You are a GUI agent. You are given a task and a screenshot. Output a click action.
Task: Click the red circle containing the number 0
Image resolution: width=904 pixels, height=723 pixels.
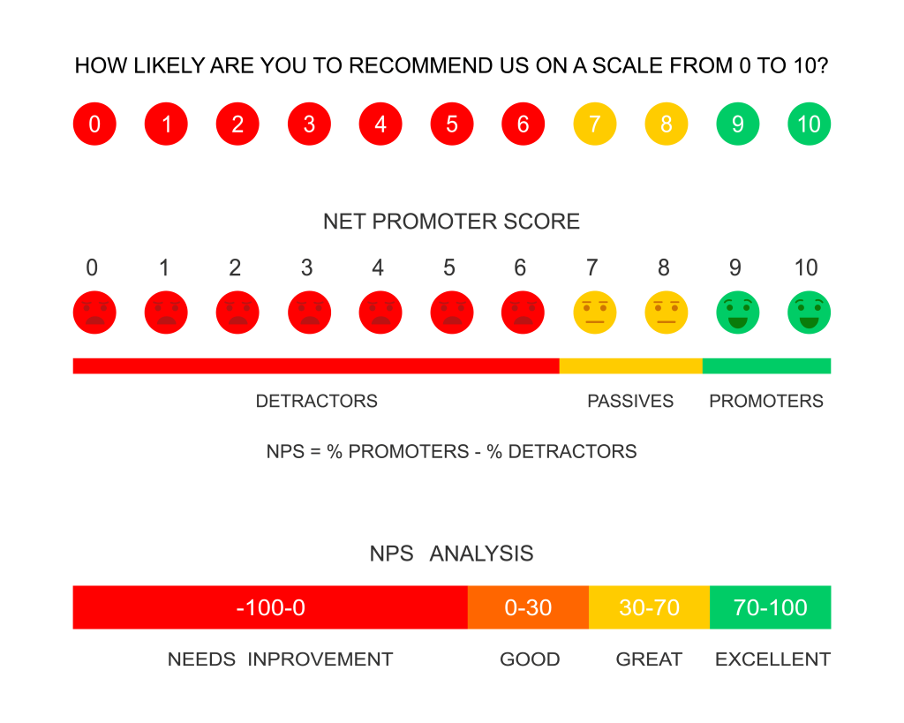pos(94,124)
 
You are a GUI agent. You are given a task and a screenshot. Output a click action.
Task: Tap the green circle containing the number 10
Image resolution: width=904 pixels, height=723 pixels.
pos(809,124)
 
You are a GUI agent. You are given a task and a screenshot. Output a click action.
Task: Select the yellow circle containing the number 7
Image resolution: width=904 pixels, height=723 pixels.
pos(595,124)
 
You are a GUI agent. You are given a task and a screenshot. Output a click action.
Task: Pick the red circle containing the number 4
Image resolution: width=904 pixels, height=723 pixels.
pos(380,124)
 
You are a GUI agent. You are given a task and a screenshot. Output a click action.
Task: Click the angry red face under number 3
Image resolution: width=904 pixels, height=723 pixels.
pos(309,313)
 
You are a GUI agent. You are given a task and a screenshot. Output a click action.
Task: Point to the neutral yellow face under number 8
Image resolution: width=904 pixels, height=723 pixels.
pos(667,313)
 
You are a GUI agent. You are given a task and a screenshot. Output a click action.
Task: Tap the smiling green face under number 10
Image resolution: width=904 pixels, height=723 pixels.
pos(809,313)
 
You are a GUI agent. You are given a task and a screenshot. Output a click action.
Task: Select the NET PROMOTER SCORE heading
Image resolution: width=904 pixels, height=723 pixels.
pos(451,222)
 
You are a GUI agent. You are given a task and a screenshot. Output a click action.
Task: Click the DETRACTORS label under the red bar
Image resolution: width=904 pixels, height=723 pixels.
pos(316,402)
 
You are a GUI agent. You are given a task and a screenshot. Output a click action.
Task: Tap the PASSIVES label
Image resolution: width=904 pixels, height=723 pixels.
pos(629,402)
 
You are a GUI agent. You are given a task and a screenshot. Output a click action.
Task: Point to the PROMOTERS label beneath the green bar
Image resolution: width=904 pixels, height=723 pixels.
pos(765,402)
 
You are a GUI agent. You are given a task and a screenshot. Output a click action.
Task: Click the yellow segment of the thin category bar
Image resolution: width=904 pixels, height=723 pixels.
pos(630,365)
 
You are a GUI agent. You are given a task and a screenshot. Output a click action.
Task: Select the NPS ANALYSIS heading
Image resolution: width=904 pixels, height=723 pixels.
pos(451,554)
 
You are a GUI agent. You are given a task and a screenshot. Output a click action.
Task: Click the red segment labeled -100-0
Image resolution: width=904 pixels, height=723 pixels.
pos(269,607)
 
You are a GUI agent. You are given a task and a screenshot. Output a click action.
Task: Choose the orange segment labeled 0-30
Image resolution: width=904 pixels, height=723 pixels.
pos(528,607)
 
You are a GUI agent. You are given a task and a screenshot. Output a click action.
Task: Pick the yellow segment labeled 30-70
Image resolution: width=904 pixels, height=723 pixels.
pos(649,607)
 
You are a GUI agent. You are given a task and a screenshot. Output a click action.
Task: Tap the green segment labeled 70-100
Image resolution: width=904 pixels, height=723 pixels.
pos(771,607)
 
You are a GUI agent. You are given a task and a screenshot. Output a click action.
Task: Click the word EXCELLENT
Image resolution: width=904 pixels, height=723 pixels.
pos(772,659)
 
